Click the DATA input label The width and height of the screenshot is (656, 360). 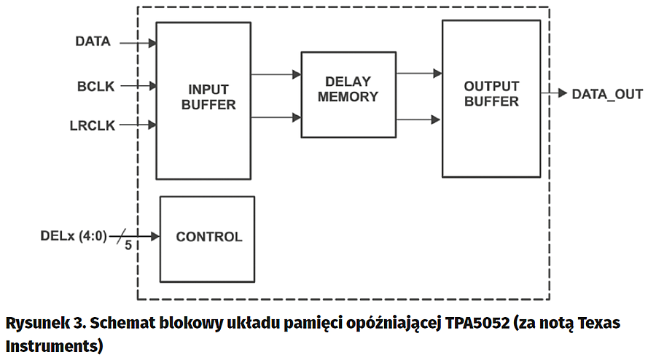click(x=93, y=42)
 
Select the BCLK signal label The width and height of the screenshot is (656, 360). click(x=96, y=86)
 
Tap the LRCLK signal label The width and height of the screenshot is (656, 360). click(x=93, y=125)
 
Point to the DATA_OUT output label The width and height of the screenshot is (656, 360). click(x=607, y=94)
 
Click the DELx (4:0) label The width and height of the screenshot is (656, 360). click(x=74, y=236)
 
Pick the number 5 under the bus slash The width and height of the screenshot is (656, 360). click(x=128, y=246)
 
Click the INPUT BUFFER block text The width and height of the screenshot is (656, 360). click(x=208, y=97)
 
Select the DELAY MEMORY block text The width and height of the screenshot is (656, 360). click(x=348, y=89)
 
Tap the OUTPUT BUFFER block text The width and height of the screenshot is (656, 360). click(x=491, y=94)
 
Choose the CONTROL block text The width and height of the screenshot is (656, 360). click(x=209, y=237)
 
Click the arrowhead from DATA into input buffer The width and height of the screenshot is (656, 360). click(x=152, y=43)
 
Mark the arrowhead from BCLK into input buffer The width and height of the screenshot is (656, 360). click(x=152, y=86)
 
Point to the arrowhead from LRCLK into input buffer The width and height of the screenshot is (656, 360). click(x=152, y=125)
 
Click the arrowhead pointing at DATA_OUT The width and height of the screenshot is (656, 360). click(x=562, y=93)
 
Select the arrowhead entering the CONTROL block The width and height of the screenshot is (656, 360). click(x=155, y=236)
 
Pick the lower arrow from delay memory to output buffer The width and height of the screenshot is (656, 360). click(x=419, y=118)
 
